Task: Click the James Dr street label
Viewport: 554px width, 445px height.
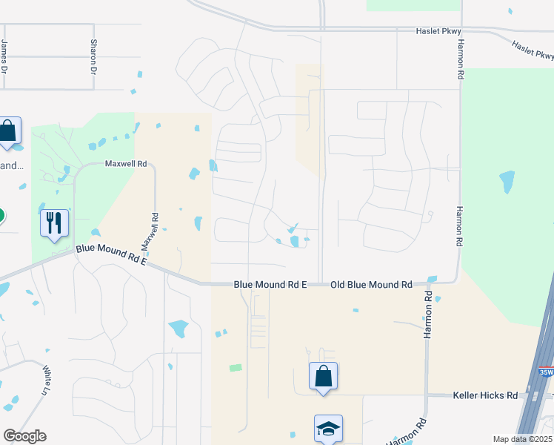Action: (x=4, y=56)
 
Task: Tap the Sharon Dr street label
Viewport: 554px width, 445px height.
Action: (x=94, y=56)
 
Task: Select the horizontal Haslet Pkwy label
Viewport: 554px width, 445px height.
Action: (x=439, y=31)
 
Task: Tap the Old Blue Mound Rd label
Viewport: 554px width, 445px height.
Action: (x=371, y=285)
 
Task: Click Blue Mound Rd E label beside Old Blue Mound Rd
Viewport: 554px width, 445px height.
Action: (x=270, y=285)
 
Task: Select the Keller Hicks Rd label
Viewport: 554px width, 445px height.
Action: (x=485, y=396)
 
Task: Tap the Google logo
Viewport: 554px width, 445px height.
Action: (x=24, y=436)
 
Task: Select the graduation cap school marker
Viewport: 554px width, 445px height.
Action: (x=328, y=429)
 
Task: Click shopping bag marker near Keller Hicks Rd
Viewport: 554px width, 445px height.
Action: (x=324, y=376)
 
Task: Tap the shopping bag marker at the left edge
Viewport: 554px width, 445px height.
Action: (x=8, y=131)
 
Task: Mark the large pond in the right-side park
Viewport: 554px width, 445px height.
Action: (x=507, y=181)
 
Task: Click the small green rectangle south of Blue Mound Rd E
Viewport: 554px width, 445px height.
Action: (x=236, y=367)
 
